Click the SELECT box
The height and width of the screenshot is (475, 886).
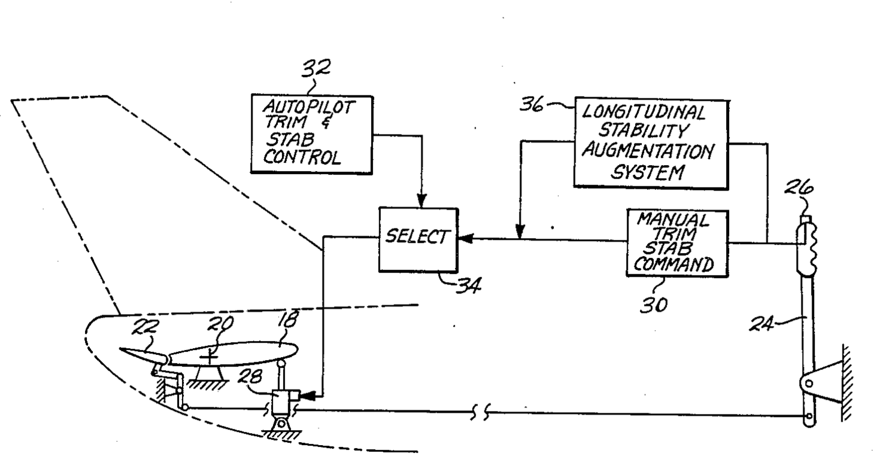click(x=418, y=239)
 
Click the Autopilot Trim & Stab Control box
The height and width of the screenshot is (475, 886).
click(x=311, y=133)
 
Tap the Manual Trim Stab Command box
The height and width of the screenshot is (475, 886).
click(x=678, y=243)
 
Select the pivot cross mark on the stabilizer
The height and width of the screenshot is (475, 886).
click(x=209, y=357)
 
